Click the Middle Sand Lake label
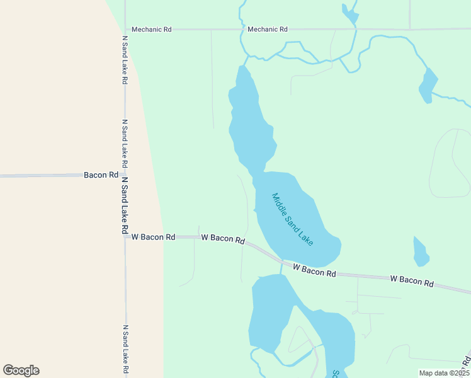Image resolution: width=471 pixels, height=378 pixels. (292, 219)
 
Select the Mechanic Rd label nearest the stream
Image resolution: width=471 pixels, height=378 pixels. (268, 29)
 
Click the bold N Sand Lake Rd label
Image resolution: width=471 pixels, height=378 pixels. (125, 205)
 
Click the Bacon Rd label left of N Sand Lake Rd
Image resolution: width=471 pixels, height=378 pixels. (101, 175)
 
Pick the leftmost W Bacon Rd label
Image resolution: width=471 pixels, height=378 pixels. (153, 237)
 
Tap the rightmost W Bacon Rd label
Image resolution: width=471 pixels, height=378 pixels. (412, 281)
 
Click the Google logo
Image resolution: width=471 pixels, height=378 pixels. (21, 370)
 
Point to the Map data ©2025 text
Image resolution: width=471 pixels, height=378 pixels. (443, 373)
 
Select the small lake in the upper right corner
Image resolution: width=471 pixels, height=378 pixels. (428, 85)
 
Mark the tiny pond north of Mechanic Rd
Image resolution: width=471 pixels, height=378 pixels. (348, 13)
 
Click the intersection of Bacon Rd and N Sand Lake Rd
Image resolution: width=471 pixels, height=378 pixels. (125, 175)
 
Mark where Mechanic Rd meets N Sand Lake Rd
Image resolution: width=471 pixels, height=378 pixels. (125, 29)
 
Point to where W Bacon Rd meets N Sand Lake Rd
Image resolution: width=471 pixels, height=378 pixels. (125, 237)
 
